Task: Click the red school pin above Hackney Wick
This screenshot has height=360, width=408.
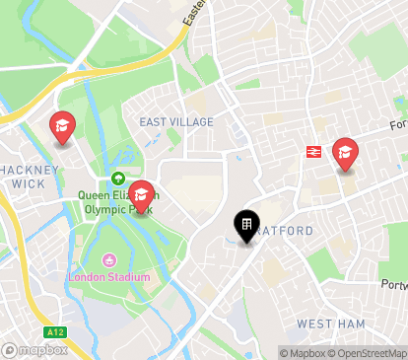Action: coord(63,125)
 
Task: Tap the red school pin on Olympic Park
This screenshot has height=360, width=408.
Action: coord(142,195)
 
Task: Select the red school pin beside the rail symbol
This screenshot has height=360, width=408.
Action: coord(345,152)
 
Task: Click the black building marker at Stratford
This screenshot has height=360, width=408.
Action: coord(245,226)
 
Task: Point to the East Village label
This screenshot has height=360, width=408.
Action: coord(176,122)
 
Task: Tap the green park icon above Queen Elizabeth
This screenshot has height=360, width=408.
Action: coord(118,180)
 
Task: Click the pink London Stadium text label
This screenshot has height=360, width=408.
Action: coord(109,277)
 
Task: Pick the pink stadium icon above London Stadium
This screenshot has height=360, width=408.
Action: coord(109,261)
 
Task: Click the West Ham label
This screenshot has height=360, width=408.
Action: coord(330,324)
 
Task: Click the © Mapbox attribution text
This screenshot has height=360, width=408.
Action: coord(306,353)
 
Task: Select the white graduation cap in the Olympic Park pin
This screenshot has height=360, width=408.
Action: coord(142,193)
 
